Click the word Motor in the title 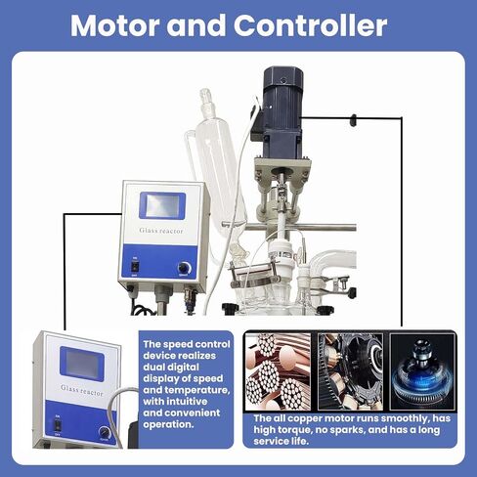coord(115,25)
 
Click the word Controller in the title coord(310,25)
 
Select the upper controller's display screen coord(162,206)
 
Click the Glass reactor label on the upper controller coord(161,231)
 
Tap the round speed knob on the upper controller coord(185,268)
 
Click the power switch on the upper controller coord(135,267)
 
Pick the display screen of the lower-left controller coord(82,364)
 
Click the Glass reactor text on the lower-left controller coord(82,390)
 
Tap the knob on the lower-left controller coord(105,432)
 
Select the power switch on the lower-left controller coord(58,424)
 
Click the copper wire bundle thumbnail coord(279,371)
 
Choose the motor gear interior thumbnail coord(350,371)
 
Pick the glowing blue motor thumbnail coord(422,371)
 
